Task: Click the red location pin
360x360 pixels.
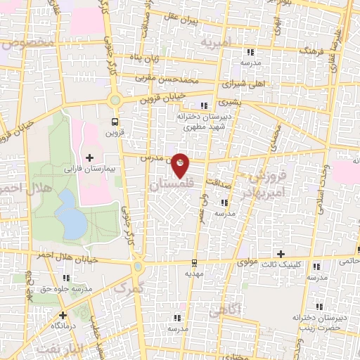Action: pos(181,163)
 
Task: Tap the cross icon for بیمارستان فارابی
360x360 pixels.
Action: pos(89,156)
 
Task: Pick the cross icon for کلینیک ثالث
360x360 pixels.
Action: pos(281,254)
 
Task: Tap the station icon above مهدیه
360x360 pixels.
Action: pos(195,263)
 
